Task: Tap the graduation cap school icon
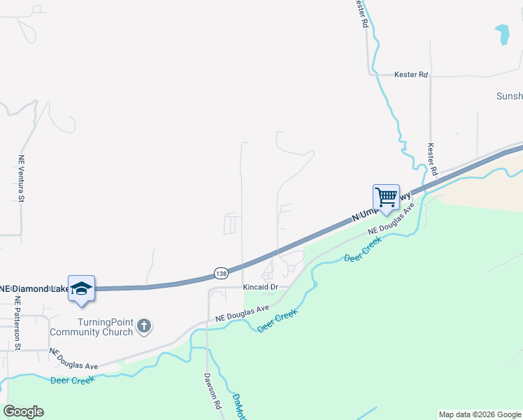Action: point(81,288)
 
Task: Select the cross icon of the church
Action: point(144,325)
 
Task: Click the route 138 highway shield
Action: point(220,272)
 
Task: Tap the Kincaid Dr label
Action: point(261,287)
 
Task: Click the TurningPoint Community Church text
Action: point(106,326)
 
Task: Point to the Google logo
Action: point(23,412)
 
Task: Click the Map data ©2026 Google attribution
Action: point(479,414)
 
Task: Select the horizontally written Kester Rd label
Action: point(410,74)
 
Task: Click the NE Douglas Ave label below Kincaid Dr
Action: point(242,314)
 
